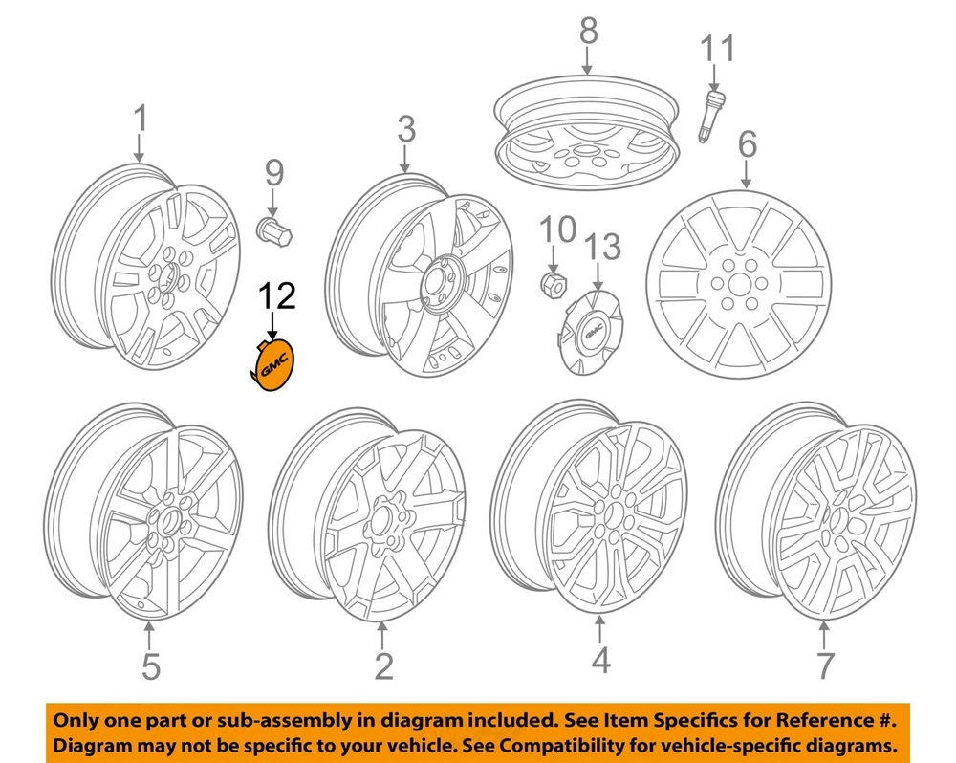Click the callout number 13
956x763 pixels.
pyautogui.click(x=601, y=248)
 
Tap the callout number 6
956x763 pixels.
pyautogui.click(x=746, y=144)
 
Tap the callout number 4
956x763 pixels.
pyautogui.click(x=599, y=661)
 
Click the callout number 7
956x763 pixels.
pyautogui.click(x=824, y=664)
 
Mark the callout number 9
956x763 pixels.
pyautogui.click(x=273, y=173)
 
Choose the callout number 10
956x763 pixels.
pyautogui.click(x=556, y=229)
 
